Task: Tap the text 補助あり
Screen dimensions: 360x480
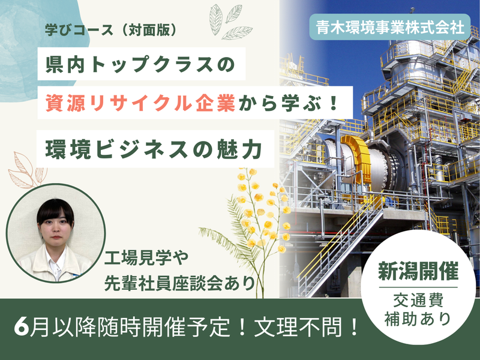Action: tap(418, 318)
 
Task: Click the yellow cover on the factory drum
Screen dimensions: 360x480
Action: tap(354, 155)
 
